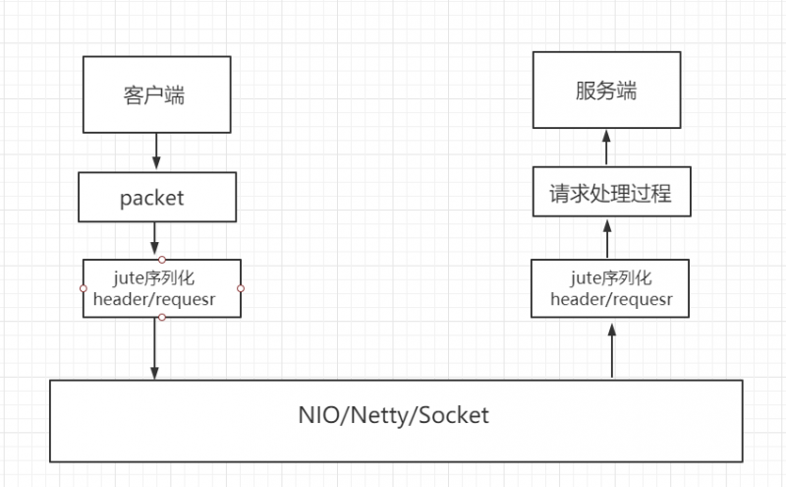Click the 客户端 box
click(155, 94)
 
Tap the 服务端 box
click(606, 91)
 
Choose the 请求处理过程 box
click(609, 194)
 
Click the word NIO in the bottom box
click(318, 415)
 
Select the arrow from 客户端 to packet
click(155, 152)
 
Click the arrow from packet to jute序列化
click(155, 238)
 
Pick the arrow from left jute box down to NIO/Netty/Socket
click(155, 348)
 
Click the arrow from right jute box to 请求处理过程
click(608, 238)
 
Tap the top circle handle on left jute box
click(162, 259)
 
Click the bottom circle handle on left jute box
click(162, 317)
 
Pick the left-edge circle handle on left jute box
click(84, 288)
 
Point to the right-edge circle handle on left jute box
click(241, 288)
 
